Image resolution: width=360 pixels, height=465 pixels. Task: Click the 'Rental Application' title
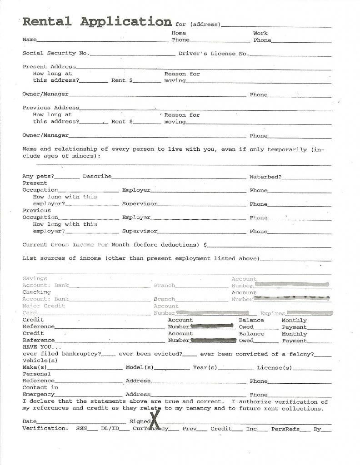point(97,22)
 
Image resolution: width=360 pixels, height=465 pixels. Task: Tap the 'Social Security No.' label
point(56,54)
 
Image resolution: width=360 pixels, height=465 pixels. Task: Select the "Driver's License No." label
point(214,54)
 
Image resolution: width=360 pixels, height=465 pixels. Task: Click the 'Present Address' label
point(49,67)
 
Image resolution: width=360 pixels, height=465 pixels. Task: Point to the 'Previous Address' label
point(51,108)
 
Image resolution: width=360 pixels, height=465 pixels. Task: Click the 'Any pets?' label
point(38,177)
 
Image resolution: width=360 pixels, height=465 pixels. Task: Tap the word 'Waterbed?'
point(265,177)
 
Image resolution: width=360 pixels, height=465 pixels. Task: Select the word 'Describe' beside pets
point(97,177)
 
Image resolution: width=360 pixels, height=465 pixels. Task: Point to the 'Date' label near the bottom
point(30,422)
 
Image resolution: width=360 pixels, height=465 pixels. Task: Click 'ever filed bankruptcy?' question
point(62,354)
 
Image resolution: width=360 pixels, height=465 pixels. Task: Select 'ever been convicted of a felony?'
point(257,354)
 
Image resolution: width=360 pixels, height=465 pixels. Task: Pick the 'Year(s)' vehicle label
point(205,367)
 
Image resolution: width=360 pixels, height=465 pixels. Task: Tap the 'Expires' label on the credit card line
point(273,313)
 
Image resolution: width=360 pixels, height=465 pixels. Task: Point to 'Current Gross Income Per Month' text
point(76,245)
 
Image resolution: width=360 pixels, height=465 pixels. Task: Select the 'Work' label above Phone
point(260,33)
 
